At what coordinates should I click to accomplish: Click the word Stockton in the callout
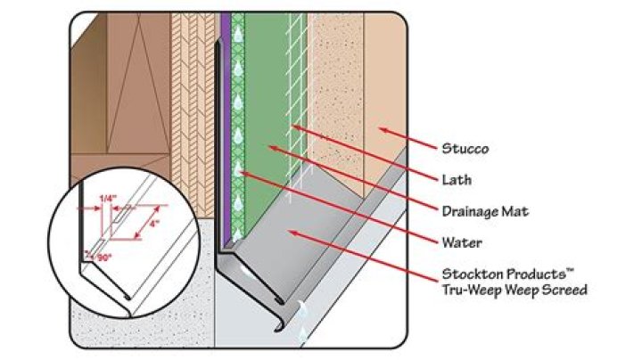point(469,274)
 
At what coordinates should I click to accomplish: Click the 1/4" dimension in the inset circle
point(108,198)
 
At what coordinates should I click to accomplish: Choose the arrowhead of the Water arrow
point(241,172)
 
